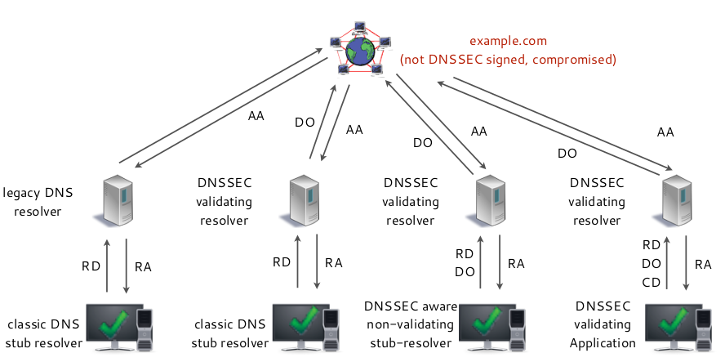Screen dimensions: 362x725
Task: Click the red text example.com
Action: point(507,41)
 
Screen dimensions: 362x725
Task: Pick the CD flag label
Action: point(651,283)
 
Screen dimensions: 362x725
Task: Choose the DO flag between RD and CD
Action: point(651,264)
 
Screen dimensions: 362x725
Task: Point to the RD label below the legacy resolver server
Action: point(90,265)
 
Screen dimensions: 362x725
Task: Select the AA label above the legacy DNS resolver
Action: point(256,117)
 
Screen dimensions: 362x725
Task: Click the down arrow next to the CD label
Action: point(686,262)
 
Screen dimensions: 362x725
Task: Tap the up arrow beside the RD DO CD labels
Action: point(668,262)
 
